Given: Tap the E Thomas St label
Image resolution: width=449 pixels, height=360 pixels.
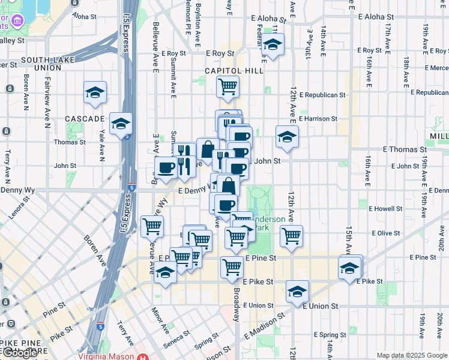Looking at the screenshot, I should pyautogui.click(x=403, y=149).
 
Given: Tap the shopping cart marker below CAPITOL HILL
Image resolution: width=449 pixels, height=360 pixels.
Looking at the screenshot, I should pyautogui.click(x=228, y=86).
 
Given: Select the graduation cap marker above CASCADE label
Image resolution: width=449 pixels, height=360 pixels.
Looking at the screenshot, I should pyautogui.click(x=95, y=92).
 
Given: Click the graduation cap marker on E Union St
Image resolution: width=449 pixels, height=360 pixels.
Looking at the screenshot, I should pyautogui.click(x=297, y=292).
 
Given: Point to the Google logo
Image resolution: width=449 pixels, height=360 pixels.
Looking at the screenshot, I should pyautogui.click(x=19, y=353).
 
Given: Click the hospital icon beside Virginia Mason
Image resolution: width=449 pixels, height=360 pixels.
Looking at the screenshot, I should pyautogui.click(x=143, y=356).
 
